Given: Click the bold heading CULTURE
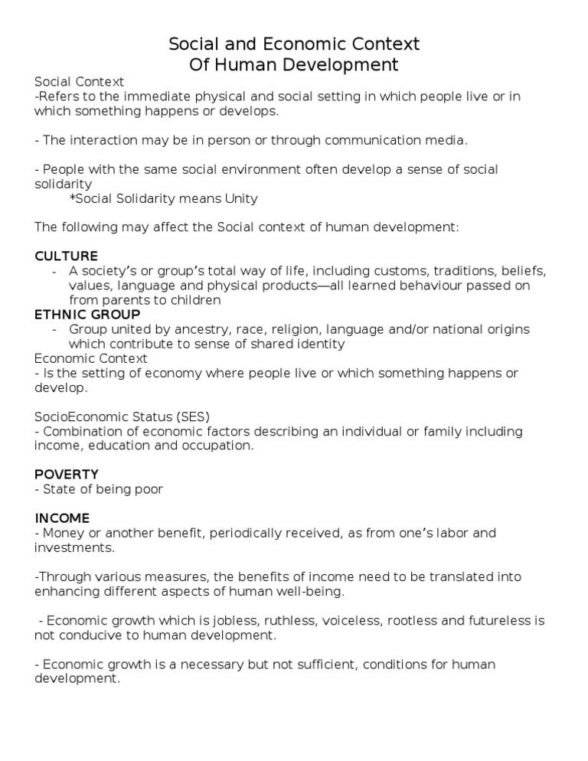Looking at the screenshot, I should click(x=66, y=256).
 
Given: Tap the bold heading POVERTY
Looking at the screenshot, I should click(x=66, y=475).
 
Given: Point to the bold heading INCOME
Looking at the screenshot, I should click(x=62, y=518).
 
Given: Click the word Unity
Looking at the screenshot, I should click(x=240, y=199).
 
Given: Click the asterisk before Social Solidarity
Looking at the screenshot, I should click(x=71, y=199).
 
